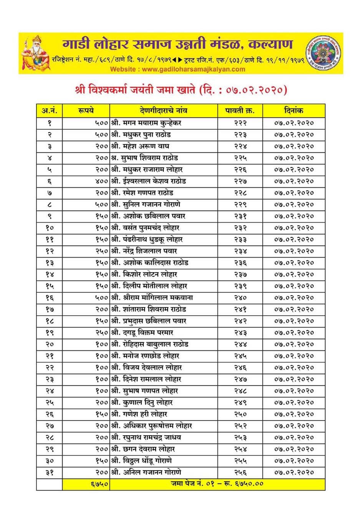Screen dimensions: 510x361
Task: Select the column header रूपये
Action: pos(86,111)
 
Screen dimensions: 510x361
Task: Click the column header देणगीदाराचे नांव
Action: pos(164,111)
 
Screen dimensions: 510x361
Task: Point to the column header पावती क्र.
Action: pos(240,111)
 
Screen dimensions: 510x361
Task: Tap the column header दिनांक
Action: pos(294,111)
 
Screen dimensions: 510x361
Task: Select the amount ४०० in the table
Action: pos(101,181)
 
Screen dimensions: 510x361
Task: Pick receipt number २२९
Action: pos(240,204)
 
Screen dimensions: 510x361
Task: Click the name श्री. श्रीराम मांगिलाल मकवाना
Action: pos(152,298)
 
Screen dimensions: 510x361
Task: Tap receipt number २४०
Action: pos(240,298)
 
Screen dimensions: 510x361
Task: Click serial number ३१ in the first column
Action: pos(50,472)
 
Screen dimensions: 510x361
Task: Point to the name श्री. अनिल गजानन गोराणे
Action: pos(146,472)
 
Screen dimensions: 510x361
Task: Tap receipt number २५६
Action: pos(240,472)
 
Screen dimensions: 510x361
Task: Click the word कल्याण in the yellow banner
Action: pos(270,44)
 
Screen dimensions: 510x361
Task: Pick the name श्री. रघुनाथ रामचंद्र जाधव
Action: pos(146,438)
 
